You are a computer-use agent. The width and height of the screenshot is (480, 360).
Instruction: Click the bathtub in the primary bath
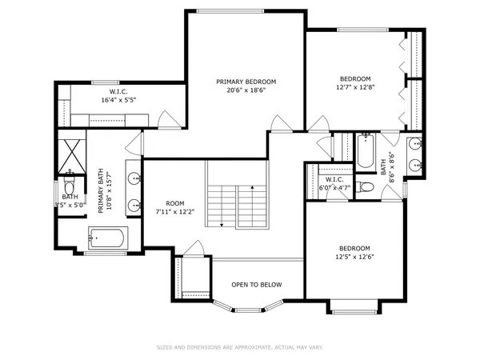tap(106, 238)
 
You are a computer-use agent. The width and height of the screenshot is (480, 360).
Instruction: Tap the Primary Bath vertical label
tap(103, 192)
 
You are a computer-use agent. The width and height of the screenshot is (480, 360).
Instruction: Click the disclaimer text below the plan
tap(239, 347)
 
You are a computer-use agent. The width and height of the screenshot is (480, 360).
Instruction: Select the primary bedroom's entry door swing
tap(279, 123)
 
